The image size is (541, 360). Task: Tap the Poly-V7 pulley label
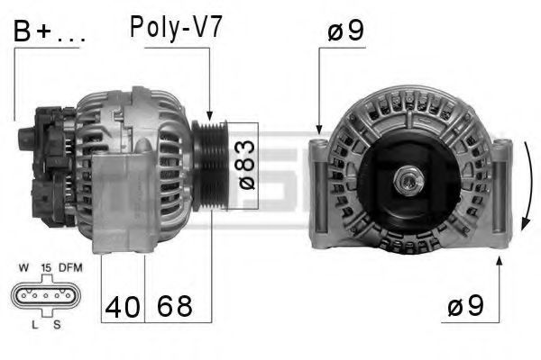point(176,27)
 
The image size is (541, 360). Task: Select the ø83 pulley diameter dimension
point(247,165)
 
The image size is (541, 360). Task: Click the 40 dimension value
point(123,307)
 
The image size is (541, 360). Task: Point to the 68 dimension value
point(175,306)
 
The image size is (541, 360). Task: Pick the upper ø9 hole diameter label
point(345,31)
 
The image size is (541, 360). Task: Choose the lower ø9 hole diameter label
point(465,306)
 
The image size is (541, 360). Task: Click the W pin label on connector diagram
point(23,267)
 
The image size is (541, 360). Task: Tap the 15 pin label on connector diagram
point(46,267)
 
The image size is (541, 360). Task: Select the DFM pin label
point(70,267)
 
